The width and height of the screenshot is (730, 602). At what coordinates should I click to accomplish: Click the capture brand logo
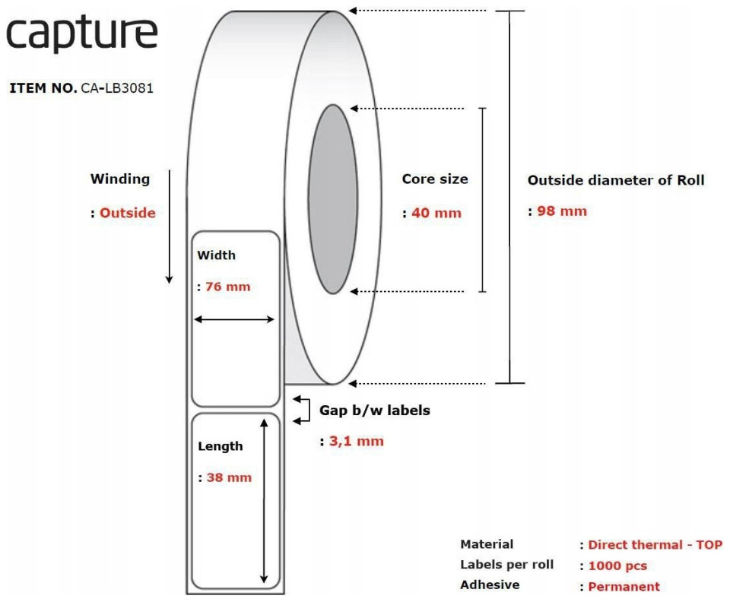82,34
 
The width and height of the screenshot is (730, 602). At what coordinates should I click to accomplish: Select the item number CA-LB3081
117,88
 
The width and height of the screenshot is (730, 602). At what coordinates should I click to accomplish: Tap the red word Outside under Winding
128,213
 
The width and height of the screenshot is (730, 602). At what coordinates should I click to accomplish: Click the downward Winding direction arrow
170,227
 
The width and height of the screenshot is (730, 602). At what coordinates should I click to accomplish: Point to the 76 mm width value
227,287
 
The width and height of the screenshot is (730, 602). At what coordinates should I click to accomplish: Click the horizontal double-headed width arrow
234,319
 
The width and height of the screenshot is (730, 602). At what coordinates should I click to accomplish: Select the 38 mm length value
229,477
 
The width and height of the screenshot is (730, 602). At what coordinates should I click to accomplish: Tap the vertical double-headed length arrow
264,501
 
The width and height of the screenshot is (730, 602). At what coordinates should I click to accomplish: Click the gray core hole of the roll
333,199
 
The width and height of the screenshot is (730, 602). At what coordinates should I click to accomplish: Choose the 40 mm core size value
436,213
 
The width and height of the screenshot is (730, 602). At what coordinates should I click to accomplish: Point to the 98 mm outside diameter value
562,211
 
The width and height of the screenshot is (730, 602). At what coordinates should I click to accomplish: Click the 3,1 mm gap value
357,441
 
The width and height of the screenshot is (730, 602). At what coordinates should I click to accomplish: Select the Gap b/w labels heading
375,410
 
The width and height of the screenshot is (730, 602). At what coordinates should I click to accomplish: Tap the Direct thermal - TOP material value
655,545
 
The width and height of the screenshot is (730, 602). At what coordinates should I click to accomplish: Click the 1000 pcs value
617,566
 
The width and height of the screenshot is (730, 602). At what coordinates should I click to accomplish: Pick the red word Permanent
624,587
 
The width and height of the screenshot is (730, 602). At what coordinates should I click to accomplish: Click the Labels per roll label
506,565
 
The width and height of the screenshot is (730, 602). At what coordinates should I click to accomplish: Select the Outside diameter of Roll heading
615,180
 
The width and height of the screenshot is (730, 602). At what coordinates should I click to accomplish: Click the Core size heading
435,179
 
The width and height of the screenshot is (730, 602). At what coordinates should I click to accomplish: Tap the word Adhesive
490,585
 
